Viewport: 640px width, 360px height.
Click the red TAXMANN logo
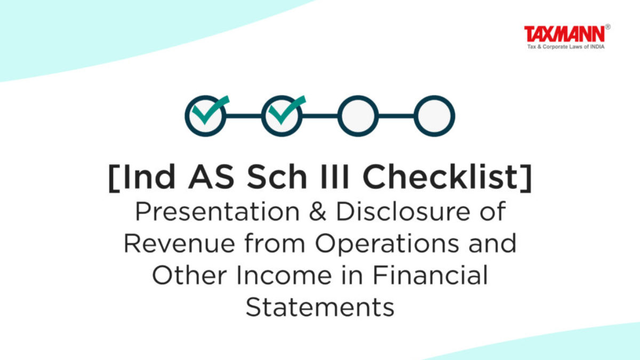coord(564,34)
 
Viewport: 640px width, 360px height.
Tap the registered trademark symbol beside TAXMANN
coord(607,27)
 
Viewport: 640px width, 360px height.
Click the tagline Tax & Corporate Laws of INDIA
coord(566,46)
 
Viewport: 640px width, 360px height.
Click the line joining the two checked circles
coord(243,116)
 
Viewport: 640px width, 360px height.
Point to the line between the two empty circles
coord(396,116)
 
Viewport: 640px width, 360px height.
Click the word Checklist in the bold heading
coord(440,177)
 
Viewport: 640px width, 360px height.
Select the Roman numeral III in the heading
coord(334,177)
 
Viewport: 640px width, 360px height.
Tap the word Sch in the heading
coord(277,177)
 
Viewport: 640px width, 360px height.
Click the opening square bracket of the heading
coord(114,178)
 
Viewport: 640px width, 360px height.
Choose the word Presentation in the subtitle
coord(217,212)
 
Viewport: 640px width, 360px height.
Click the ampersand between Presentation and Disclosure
coord(317,212)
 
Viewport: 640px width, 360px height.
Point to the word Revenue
coord(179,243)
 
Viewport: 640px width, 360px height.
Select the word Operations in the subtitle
coord(387,245)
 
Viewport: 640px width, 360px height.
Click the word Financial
coord(430,275)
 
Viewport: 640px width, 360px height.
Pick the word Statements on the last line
coord(320,307)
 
